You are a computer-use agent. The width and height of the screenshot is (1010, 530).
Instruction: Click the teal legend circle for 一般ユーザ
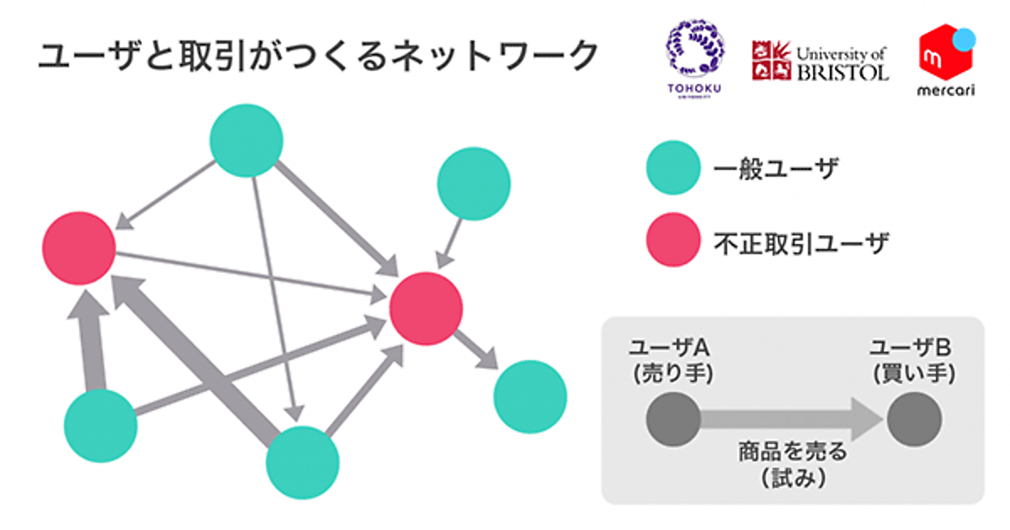pos(672,168)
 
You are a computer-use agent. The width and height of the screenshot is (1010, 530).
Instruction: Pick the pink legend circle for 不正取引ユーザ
pos(672,240)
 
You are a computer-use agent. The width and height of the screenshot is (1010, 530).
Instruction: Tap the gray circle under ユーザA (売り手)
pos(673,418)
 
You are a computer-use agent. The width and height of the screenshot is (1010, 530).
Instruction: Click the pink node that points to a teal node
pos(426,308)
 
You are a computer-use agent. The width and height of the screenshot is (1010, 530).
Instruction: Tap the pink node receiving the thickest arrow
pos(79,248)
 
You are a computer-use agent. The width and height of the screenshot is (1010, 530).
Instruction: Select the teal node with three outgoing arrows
pos(246,140)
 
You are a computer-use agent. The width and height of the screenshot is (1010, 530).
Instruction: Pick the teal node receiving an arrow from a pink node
pos(530,396)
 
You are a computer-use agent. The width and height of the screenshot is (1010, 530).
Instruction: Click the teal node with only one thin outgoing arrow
pos(474,184)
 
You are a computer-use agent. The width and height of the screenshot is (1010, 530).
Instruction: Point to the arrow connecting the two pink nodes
pos(252,274)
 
